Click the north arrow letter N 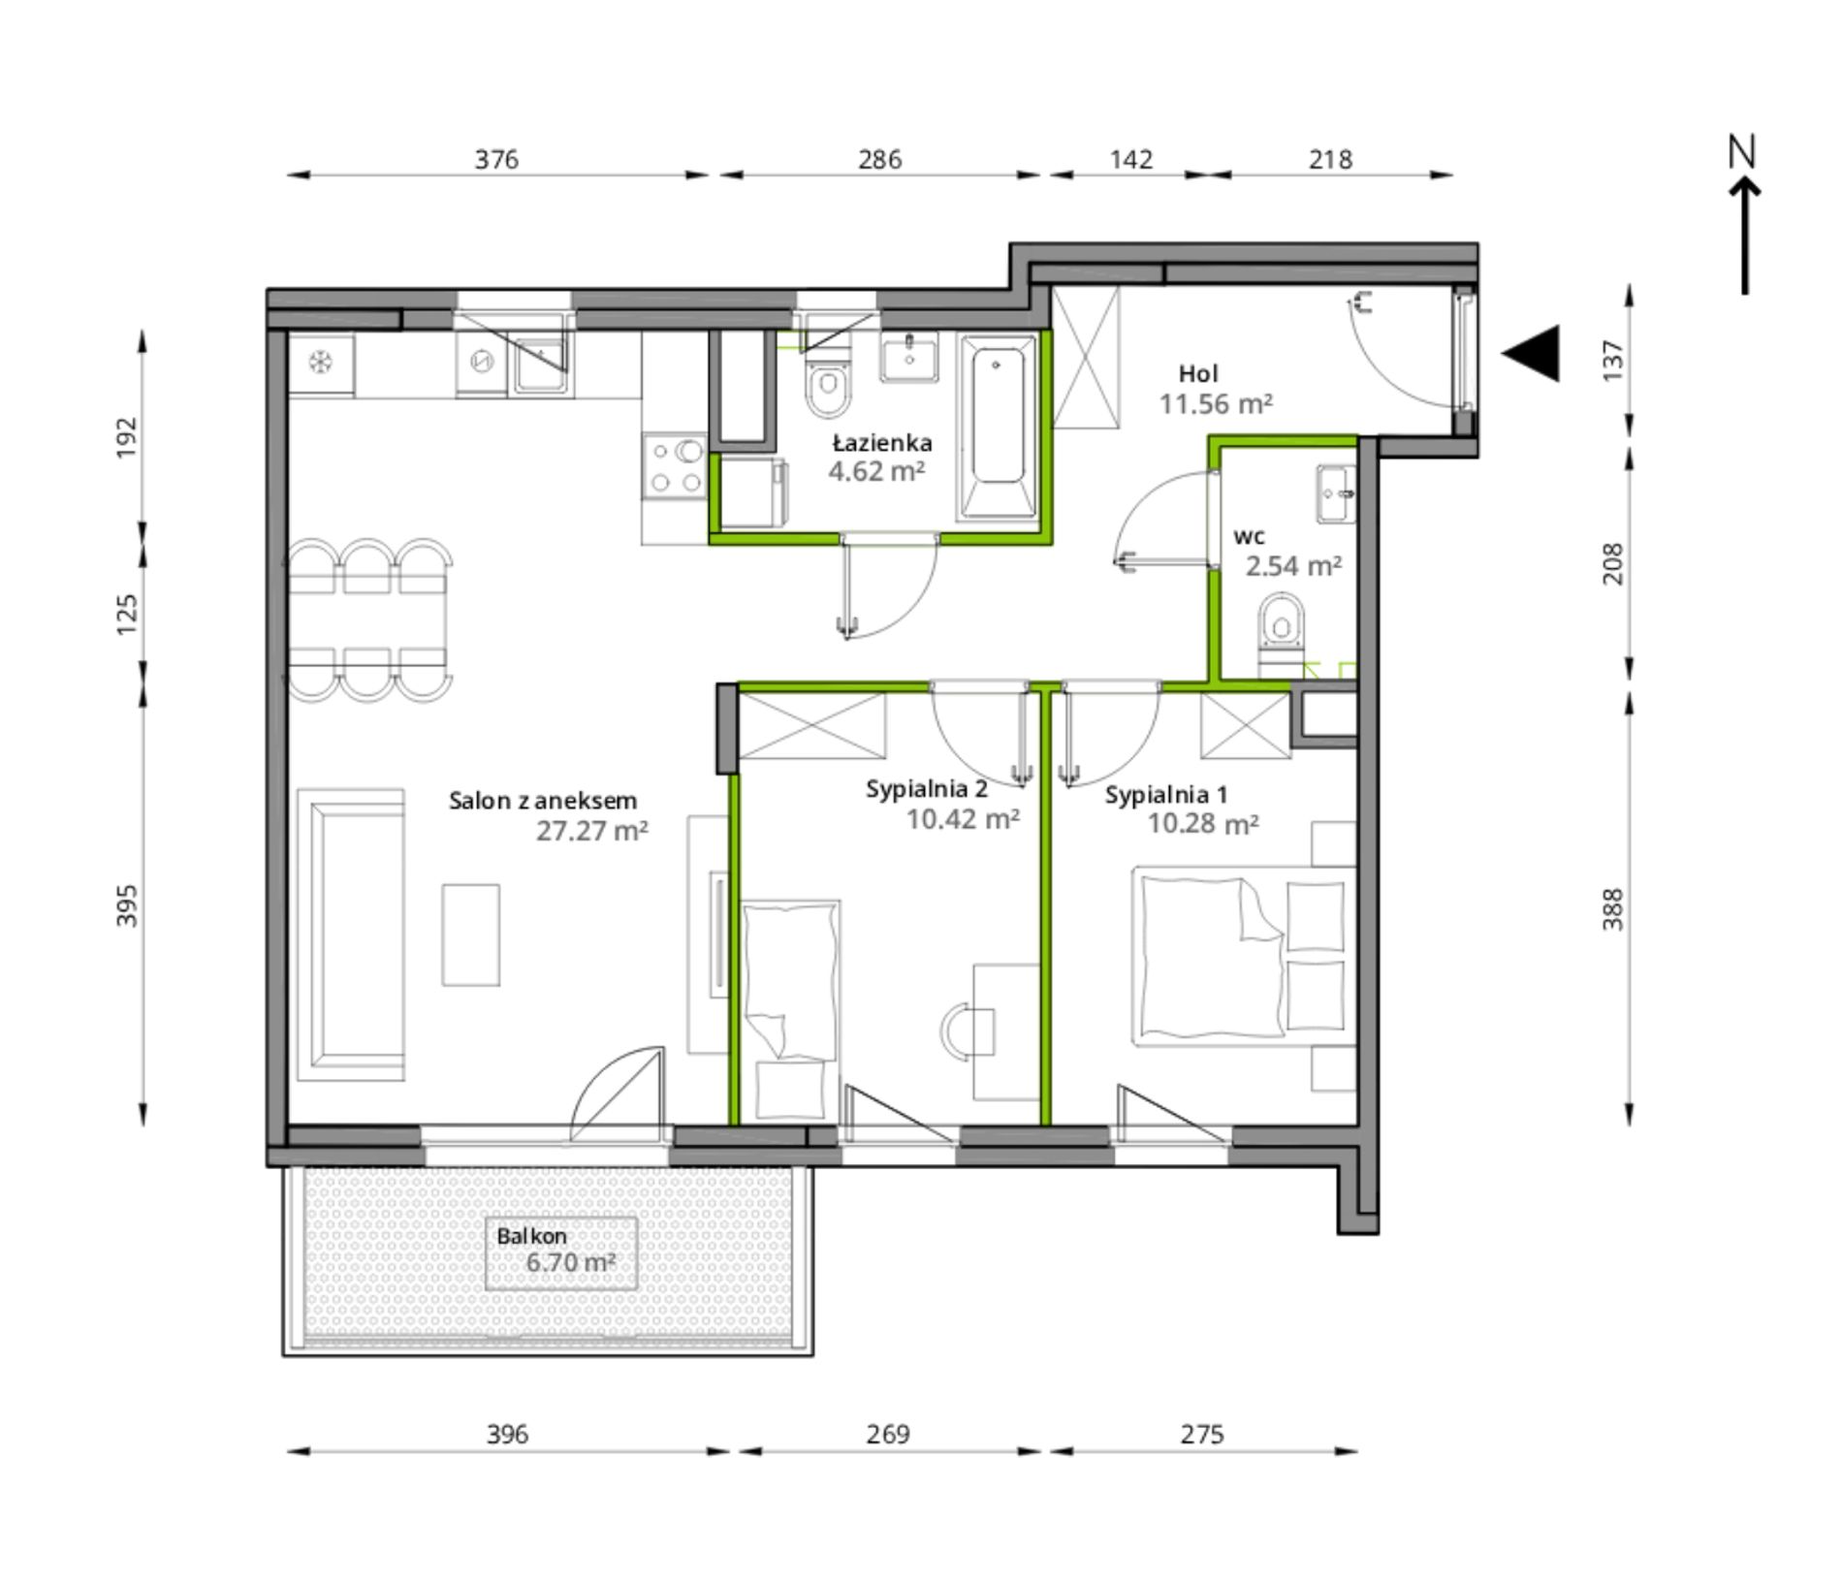(x=1742, y=151)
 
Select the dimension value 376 (x=496, y=159)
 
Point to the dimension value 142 (x=1130, y=159)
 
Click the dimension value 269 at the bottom (x=887, y=1434)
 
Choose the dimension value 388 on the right (x=1612, y=908)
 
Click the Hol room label (x=1198, y=373)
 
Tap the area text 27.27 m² (x=591, y=831)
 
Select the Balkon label (x=531, y=1236)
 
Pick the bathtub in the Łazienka (x=998, y=426)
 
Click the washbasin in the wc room (x=1336, y=493)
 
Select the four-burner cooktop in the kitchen (x=676, y=466)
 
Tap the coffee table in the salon (x=471, y=935)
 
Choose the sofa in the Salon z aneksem (x=350, y=935)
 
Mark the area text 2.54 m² (x=1293, y=565)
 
